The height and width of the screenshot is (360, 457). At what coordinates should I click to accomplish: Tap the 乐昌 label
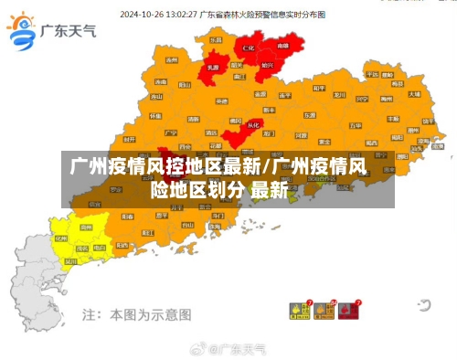tap(216, 41)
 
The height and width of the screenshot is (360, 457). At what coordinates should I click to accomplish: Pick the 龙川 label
tap(339, 94)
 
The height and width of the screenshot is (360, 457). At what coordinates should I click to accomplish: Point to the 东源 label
tap(311, 114)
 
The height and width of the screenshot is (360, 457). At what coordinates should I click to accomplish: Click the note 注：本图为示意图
tap(136, 314)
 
